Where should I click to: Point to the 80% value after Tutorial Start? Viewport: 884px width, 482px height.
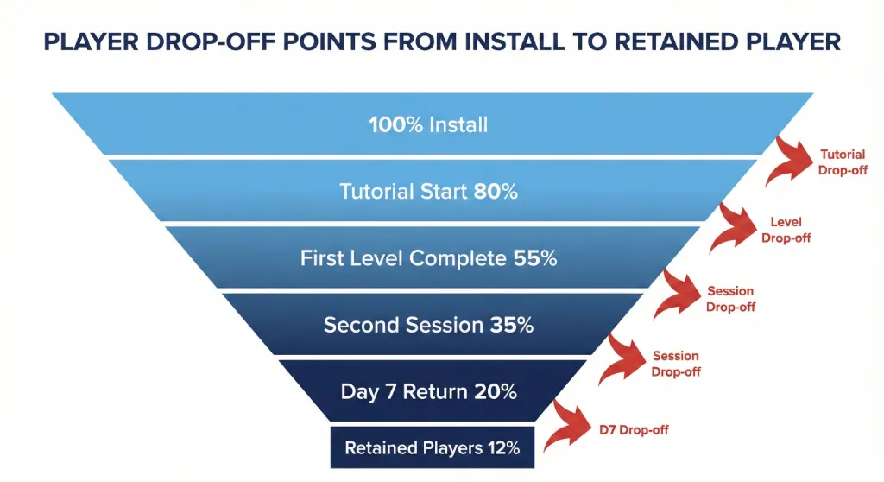pos(496,191)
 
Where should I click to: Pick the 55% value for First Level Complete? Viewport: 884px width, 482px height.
pos(535,257)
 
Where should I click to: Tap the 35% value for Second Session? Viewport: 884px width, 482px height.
pos(512,325)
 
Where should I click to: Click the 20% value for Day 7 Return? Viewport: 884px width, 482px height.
pos(496,391)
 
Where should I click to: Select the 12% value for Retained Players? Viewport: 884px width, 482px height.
pos(502,448)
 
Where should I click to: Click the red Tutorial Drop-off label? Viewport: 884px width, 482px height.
pos(843,162)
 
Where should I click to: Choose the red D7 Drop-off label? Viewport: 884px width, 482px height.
pos(635,429)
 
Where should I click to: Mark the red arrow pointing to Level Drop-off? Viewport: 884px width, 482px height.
pos(736,228)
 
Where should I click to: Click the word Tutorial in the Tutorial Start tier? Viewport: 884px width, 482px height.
pos(374,191)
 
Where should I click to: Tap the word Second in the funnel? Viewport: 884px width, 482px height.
pos(357,325)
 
